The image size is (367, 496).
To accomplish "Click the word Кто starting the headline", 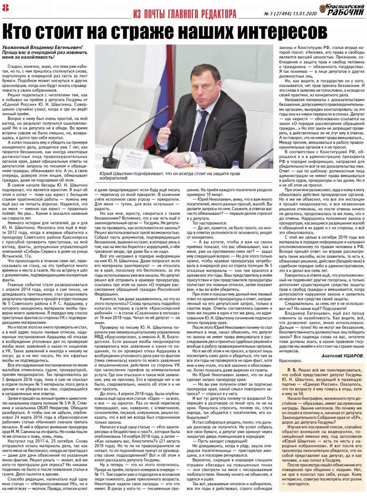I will (19, 32).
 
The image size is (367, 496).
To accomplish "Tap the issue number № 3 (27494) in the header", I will (277, 14).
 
